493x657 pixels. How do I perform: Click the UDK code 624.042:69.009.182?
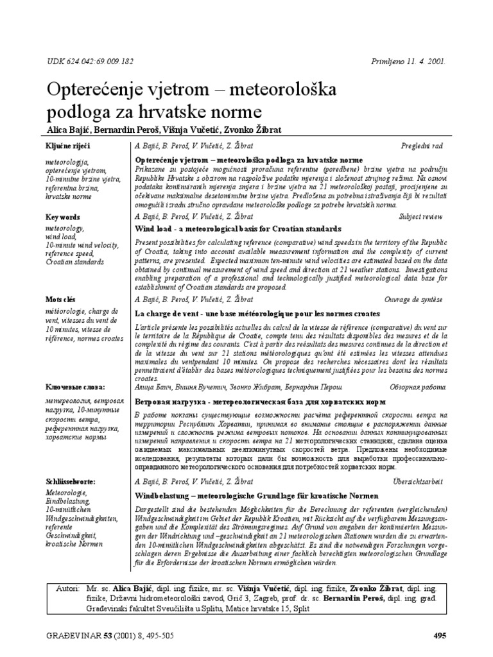91,62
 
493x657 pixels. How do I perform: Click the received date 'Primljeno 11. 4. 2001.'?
409,62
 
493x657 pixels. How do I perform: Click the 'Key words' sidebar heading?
62,218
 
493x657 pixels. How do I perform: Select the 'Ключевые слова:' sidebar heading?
74,388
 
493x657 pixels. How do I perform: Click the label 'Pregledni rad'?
422,146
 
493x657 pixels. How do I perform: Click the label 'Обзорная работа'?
418,388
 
